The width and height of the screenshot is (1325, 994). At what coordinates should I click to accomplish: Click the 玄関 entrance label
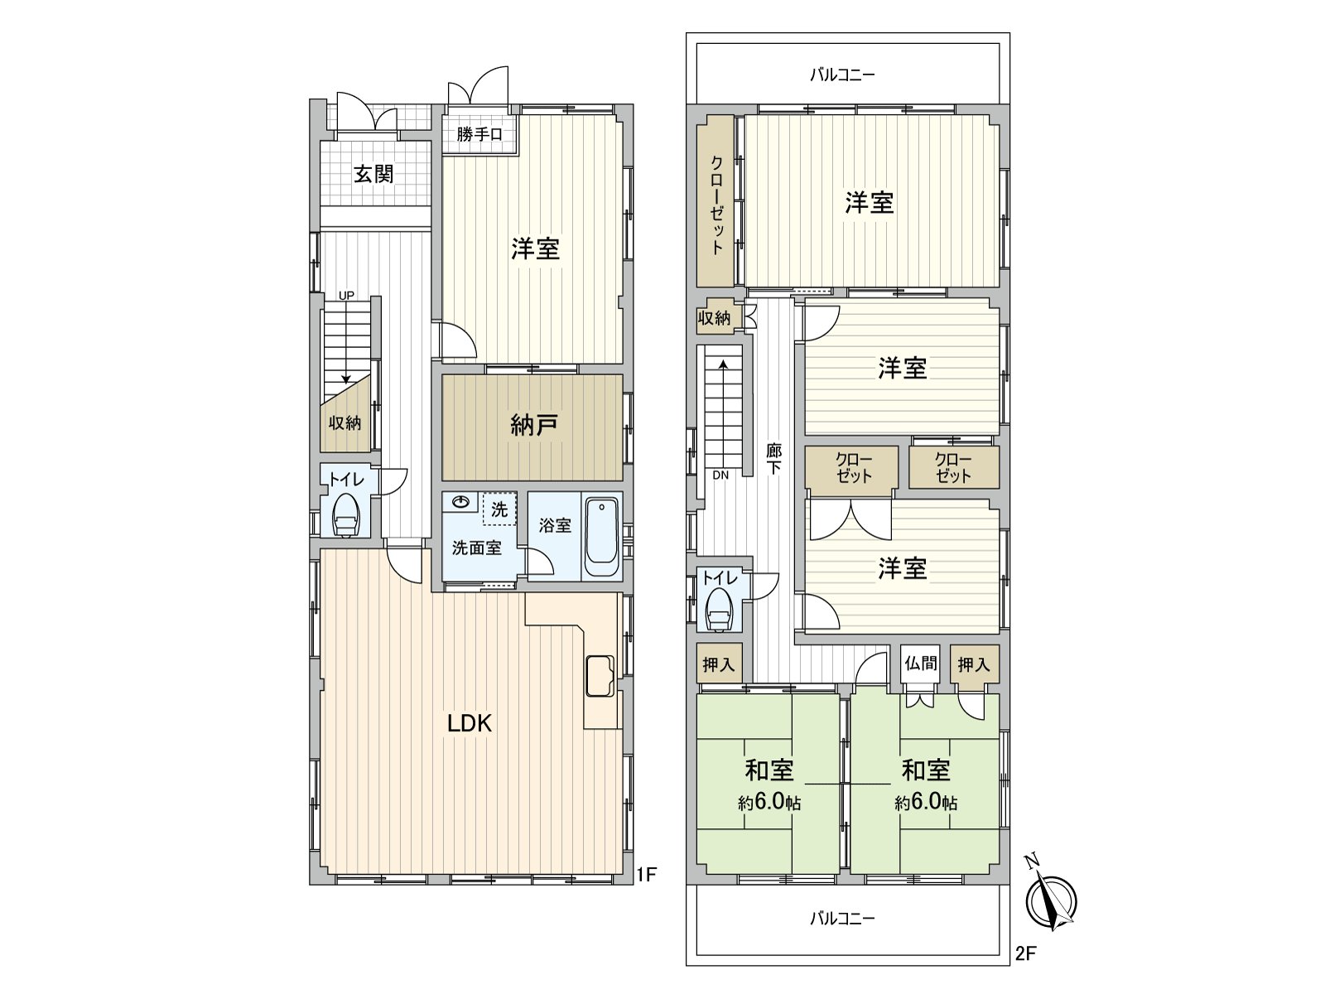pyautogui.click(x=373, y=174)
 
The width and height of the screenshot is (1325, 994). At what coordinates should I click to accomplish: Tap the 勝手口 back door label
pyautogui.click(x=479, y=133)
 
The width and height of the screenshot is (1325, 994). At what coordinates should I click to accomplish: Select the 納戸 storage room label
pyautogui.click(x=533, y=425)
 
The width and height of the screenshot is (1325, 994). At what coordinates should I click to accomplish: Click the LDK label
pyautogui.click(x=470, y=723)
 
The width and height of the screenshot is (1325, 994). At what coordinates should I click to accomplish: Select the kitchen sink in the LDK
pyautogui.click(x=600, y=675)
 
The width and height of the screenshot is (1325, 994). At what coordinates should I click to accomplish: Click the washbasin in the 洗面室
pyautogui.click(x=460, y=502)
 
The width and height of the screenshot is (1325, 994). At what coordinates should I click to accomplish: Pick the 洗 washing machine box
pyautogui.click(x=499, y=509)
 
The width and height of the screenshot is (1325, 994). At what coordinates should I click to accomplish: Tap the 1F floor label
pyautogui.click(x=647, y=873)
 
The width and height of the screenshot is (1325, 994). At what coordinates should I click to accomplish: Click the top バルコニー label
pyautogui.click(x=842, y=75)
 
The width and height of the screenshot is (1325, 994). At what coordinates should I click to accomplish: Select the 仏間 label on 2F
pyautogui.click(x=920, y=663)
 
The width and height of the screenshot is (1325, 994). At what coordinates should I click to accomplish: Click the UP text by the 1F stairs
pyautogui.click(x=345, y=295)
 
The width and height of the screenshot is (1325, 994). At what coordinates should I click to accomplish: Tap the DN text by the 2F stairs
pyautogui.click(x=720, y=475)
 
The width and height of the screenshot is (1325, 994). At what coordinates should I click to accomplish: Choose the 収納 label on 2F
pyautogui.click(x=714, y=317)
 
